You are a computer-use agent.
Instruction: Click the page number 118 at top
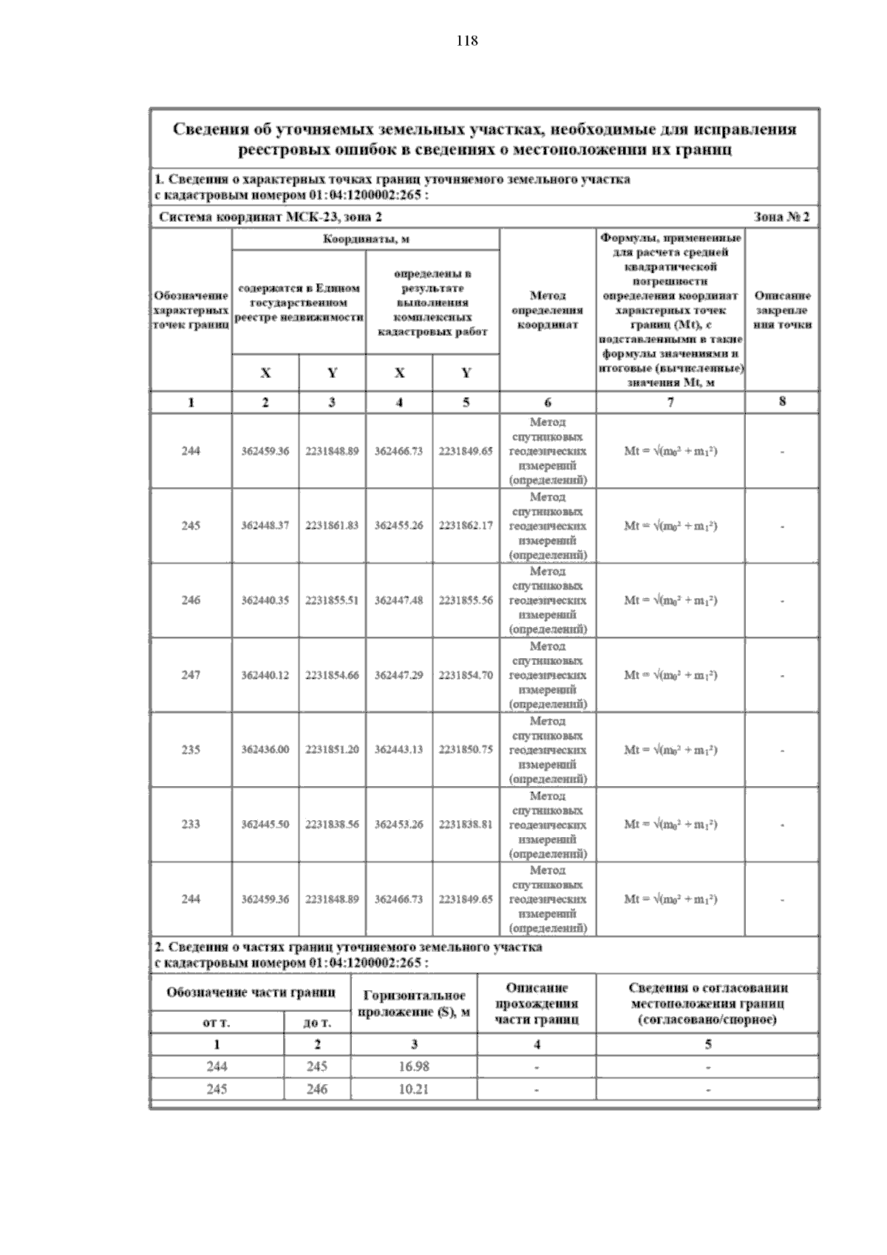[x=466, y=41]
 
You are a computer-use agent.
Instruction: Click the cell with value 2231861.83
[x=332, y=526]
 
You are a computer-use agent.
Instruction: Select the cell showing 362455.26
[x=398, y=526]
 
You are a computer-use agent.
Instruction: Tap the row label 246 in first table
[x=191, y=601]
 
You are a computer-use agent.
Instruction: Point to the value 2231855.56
[x=466, y=601]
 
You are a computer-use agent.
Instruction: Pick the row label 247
[x=191, y=675]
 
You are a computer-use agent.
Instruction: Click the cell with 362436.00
[x=265, y=750]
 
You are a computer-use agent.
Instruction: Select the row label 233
[x=191, y=825]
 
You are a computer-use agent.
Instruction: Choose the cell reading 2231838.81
[x=466, y=825]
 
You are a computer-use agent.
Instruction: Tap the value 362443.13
[x=398, y=750]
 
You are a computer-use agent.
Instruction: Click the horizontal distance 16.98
[x=413, y=1067]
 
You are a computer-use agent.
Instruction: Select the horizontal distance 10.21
[x=413, y=1089]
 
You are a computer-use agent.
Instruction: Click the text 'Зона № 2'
[x=781, y=217]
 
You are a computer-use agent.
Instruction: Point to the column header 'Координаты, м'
[x=366, y=240]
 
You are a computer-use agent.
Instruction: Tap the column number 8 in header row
[x=782, y=402]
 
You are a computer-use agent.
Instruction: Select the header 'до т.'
[x=317, y=1024]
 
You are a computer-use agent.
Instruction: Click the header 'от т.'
[x=217, y=1024]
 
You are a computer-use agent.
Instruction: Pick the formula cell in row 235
[x=670, y=750]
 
